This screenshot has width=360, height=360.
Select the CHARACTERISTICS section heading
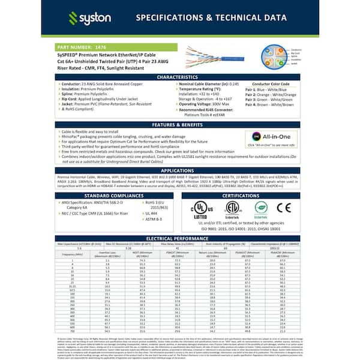(x=180, y=77)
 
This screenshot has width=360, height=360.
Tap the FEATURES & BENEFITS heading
(x=180, y=124)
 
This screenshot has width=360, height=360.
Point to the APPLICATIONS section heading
(x=180, y=171)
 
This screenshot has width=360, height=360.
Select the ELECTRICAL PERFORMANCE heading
(x=180, y=238)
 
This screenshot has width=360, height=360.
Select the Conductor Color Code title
(x=271, y=84)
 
